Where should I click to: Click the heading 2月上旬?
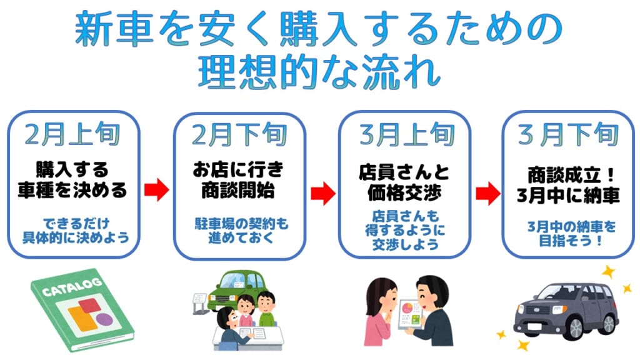point(72,134)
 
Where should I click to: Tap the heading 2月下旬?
point(239,134)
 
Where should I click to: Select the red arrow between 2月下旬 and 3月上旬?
point(322,193)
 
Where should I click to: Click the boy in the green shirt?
point(267,307)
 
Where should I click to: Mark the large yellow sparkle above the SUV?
point(607,272)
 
